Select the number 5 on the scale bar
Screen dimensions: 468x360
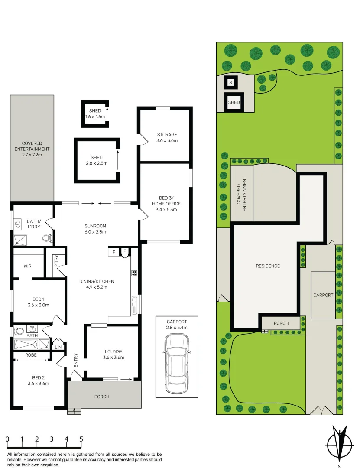[x=81, y=439]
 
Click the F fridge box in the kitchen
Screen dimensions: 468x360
[x=114, y=252]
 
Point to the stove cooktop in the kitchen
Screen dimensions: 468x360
[x=134, y=273]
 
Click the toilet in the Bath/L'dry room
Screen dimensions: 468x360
[x=48, y=238]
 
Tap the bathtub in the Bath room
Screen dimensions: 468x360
[x=26, y=344]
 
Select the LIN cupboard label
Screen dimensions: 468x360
[x=57, y=347]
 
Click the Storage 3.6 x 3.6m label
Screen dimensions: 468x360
[x=167, y=137]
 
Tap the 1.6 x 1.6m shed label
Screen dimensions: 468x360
[x=95, y=114]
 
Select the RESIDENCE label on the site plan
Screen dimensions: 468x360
[x=267, y=266]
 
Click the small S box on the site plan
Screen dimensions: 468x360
[x=230, y=82]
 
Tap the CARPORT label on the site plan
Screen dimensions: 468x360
[x=323, y=295]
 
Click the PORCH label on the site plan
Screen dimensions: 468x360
[x=281, y=323]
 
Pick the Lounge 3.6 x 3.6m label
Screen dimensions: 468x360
[x=113, y=354]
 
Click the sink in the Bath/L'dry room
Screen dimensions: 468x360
[x=18, y=224]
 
